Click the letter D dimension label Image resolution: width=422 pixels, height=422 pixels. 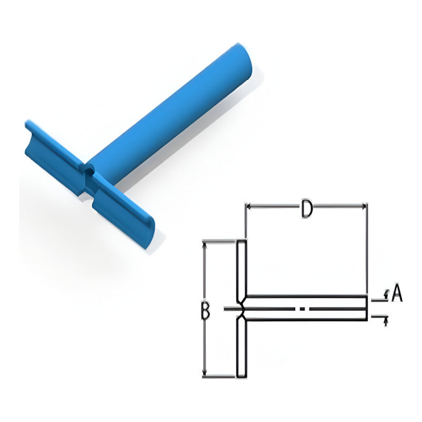tap(306, 208)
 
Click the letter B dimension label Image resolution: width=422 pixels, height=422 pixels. tap(205, 311)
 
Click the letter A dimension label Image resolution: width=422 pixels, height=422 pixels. tap(397, 293)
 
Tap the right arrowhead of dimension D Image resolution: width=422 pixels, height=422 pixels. tap(364, 206)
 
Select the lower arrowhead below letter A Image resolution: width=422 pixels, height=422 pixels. tap(386, 321)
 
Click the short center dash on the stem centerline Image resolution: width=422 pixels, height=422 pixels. tap(302, 309)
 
